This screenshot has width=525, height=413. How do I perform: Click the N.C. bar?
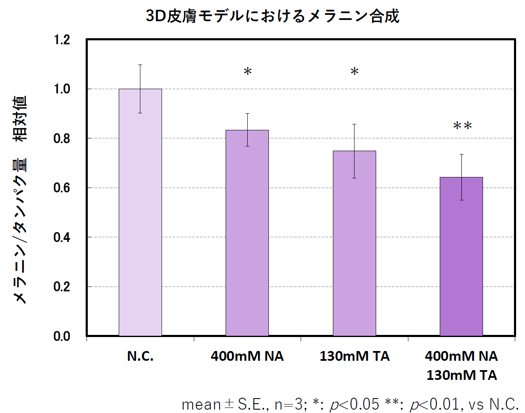click(x=140, y=212)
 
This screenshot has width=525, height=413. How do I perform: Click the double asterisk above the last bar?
click(x=462, y=126)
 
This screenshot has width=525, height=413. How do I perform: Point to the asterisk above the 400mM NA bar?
click(x=248, y=72)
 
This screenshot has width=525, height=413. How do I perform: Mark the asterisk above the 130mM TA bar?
click(x=355, y=72)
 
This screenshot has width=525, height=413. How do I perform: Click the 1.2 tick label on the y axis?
click(x=61, y=40)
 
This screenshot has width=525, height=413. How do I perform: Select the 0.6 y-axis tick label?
click(x=61, y=188)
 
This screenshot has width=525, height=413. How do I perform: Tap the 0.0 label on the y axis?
click(x=61, y=336)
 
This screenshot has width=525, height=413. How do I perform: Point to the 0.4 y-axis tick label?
click(x=61, y=237)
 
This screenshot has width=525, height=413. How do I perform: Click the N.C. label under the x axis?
click(x=140, y=356)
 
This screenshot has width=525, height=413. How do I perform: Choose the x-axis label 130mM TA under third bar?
click(x=355, y=356)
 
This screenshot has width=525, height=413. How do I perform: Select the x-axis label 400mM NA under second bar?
click(x=247, y=356)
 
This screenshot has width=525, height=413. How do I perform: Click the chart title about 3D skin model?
click(x=273, y=16)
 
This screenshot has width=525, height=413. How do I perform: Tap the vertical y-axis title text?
click(x=20, y=199)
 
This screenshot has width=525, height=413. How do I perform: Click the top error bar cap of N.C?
click(x=140, y=65)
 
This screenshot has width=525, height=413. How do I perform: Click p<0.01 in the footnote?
click(x=434, y=404)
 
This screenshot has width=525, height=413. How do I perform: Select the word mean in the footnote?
click(x=201, y=404)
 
